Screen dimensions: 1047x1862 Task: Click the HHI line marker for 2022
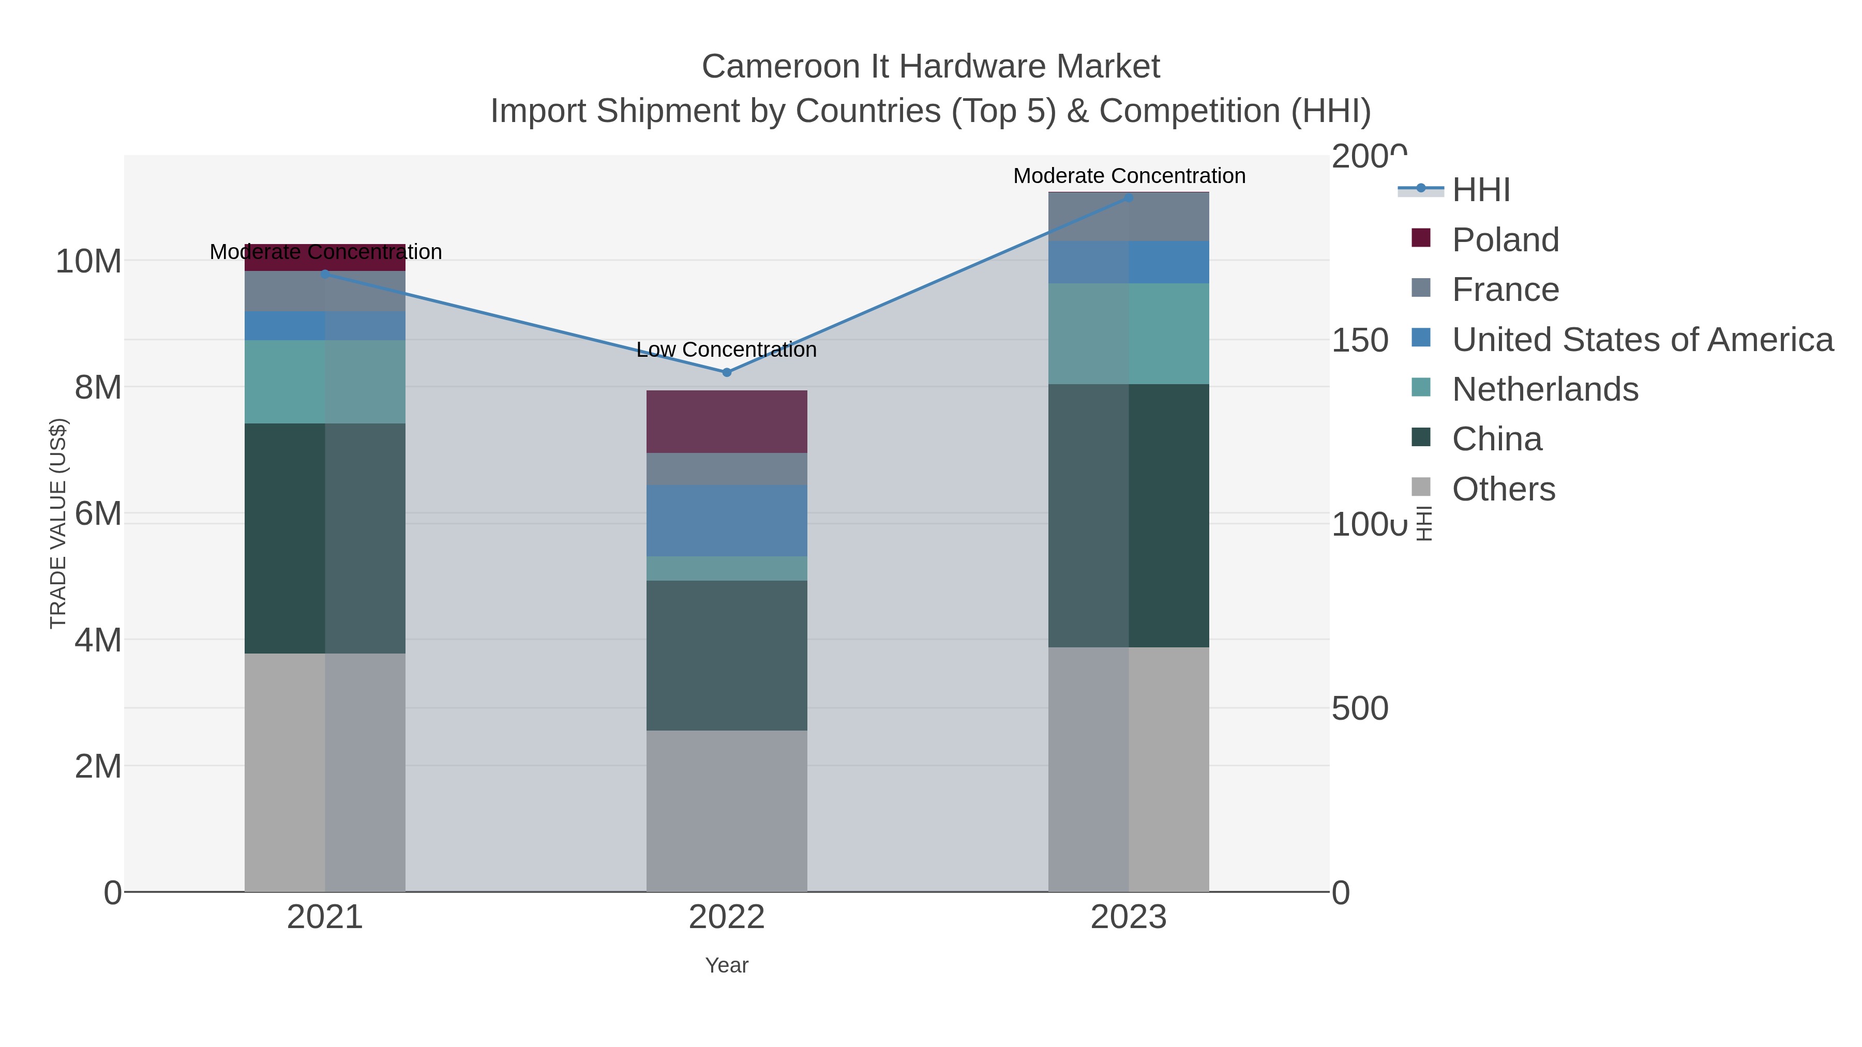pyautogui.click(x=727, y=372)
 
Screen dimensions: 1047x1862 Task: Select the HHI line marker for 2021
pyautogui.click(x=325, y=274)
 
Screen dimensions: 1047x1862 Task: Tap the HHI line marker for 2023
pyautogui.click(x=1129, y=198)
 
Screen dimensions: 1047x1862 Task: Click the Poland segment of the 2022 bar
pyautogui.click(x=727, y=421)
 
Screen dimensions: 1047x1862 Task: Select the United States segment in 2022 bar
pyautogui.click(x=727, y=520)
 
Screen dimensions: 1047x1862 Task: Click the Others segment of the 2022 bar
pyautogui.click(x=727, y=810)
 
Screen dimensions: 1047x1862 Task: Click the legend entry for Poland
pyautogui.click(x=1505, y=240)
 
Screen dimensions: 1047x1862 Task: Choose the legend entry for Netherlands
pyautogui.click(x=1544, y=389)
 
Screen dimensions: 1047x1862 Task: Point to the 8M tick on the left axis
pyautogui.click(x=98, y=387)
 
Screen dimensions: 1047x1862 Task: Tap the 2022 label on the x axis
pyautogui.click(x=727, y=918)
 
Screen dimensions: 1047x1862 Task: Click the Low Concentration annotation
pyautogui.click(x=727, y=350)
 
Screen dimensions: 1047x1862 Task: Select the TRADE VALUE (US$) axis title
pyautogui.click(x=58, y=523)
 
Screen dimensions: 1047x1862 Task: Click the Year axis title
pyautogui.click(x=727, y=965)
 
